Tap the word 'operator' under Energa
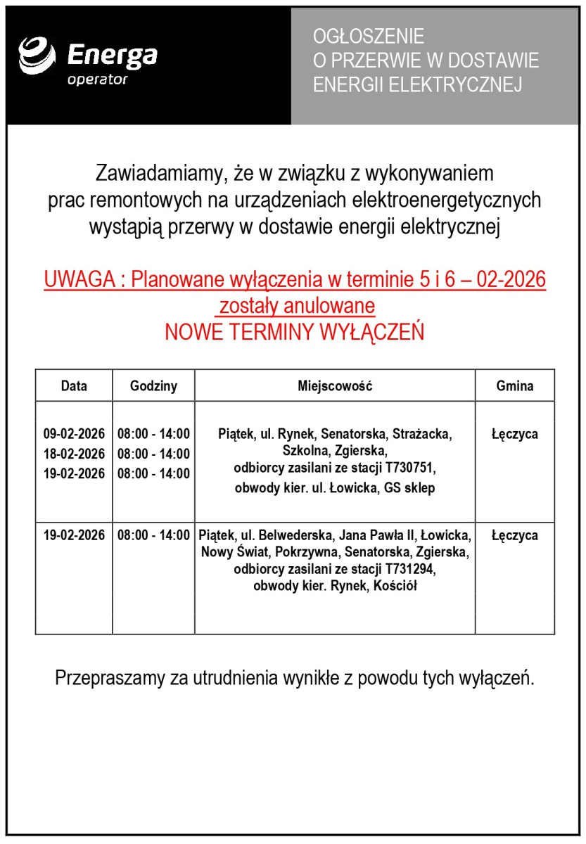click(x=97, y=79)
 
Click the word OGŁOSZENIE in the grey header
click(x=369, y=36)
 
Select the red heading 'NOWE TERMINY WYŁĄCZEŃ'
click(x=295, y=332)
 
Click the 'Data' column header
click(x=74, y=385)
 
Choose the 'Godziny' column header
click(x=153, y=385)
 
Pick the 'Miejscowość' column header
click(x=335, y=385)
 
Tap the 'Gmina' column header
click(x=515, y=385)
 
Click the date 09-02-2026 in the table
click(x=74, y=433)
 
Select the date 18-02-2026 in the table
click(x=74, y=454)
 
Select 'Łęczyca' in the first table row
click(x=515, y=434)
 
